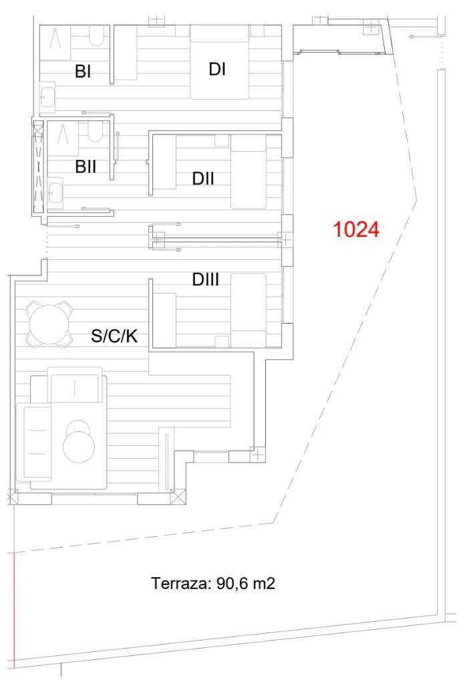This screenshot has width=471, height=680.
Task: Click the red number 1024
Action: [356, 229]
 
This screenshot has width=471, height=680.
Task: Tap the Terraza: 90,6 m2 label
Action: [213, 583]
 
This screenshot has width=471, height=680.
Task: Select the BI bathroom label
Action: [83, 72]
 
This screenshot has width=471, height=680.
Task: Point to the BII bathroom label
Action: [86, 166]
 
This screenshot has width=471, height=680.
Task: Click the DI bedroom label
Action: [217, 69]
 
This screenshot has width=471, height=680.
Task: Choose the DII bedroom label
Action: [203, 179]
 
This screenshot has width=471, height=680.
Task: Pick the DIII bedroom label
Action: [205, 279]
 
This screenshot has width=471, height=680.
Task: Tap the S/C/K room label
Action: [114, 336]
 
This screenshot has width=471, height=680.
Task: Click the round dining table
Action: [49, 324]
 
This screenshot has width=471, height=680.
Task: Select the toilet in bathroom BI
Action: [97, 35]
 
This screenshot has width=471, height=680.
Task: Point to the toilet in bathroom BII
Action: [95, 132]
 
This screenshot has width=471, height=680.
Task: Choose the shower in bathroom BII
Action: [63, 138]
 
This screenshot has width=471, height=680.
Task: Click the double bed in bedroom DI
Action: [220, 62]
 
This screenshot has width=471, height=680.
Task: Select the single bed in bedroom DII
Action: [249, 172]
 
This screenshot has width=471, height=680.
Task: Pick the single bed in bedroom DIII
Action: [249, 310]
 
